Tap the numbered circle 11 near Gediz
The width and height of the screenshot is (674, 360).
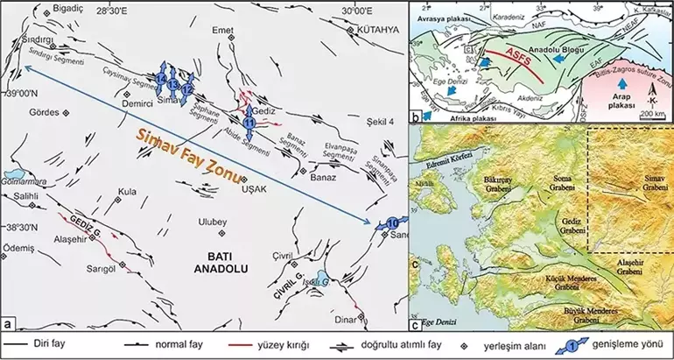coord(250,124)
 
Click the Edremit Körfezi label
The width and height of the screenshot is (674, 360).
coord(452,155)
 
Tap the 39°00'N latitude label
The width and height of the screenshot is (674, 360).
coord(20,93)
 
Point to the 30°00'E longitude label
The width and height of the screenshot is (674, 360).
coord(359,11)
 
